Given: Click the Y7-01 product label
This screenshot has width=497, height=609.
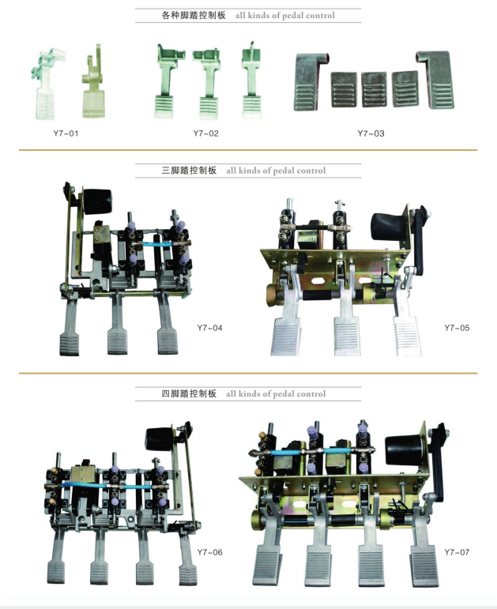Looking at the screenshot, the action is [x=66, y=133].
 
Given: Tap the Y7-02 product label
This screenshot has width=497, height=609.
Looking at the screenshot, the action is [x=205, y=133].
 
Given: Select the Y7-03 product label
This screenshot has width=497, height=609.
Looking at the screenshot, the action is [x=371, y=133].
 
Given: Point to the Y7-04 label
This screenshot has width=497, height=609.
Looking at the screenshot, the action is [x=210, y=328].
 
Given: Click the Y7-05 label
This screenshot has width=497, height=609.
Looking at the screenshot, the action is [x=457, y=328].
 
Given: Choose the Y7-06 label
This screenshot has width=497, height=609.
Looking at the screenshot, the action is [x=210, y=552].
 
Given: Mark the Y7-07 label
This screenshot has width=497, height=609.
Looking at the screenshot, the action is [x=457, y=552].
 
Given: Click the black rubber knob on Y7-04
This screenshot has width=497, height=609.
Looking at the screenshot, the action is [x=97, y=201].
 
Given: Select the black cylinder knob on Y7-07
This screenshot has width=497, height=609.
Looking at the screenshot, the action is [x=403, y=449].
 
